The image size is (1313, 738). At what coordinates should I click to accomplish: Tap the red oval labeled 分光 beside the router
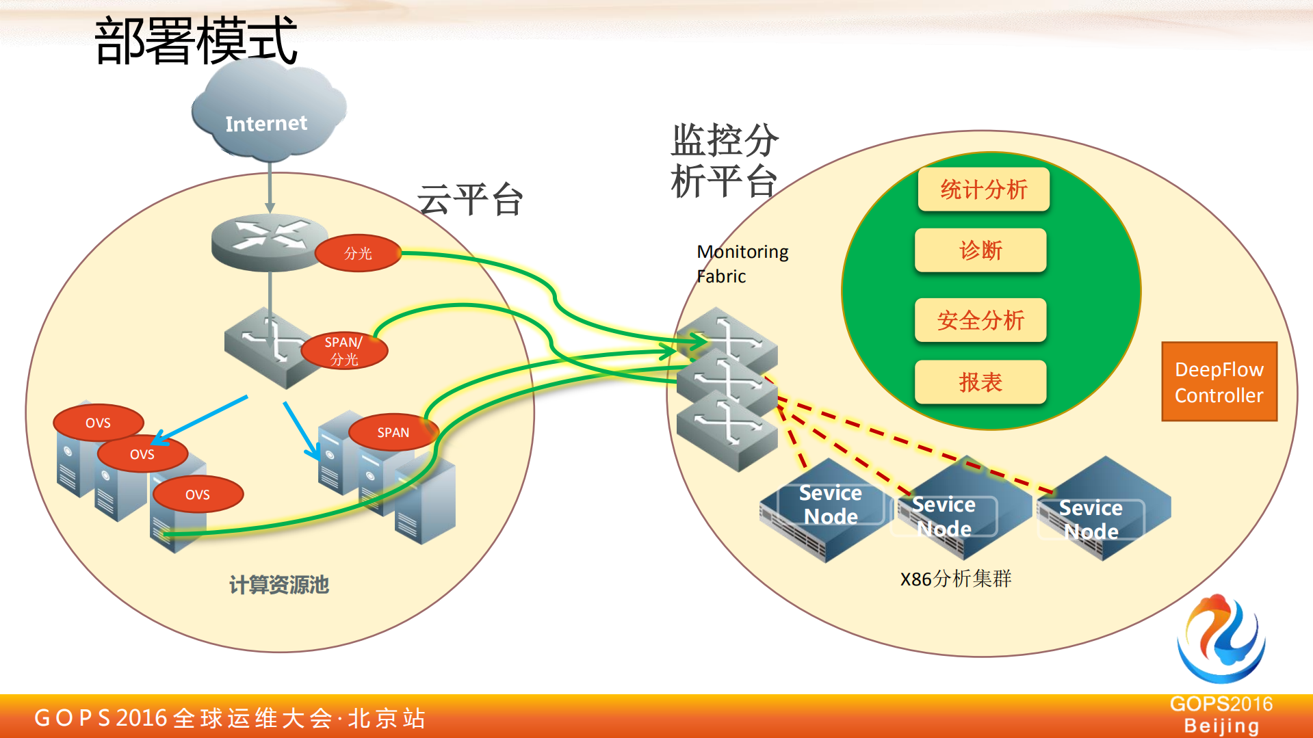point(358,253)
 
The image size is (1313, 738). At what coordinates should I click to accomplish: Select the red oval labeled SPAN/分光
point(344,350)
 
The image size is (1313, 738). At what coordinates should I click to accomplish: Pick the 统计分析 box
point(983,189)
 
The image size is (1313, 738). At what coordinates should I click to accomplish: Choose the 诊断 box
point(980,250)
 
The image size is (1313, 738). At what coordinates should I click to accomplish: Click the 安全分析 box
point(980,320)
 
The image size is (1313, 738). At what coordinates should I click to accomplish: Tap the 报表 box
point(980,382)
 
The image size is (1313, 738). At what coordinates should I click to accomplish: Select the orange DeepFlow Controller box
point(1219,382)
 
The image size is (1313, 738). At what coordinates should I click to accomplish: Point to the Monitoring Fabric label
point(742,264)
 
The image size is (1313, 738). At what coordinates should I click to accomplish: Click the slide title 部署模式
point(196,41)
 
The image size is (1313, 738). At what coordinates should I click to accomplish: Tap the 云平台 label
point(471,200)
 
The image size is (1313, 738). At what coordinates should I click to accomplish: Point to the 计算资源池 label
point(279,585)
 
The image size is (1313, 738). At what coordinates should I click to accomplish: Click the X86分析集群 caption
point(955,579)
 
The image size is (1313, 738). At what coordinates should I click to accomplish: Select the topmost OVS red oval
point(99,423)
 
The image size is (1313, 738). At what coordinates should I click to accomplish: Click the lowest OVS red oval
point(198,495)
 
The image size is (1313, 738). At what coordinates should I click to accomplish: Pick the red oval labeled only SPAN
point(393,432)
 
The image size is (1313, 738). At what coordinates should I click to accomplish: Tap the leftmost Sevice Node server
point(824,510)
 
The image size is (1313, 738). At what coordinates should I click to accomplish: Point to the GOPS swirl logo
point(1221,639)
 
